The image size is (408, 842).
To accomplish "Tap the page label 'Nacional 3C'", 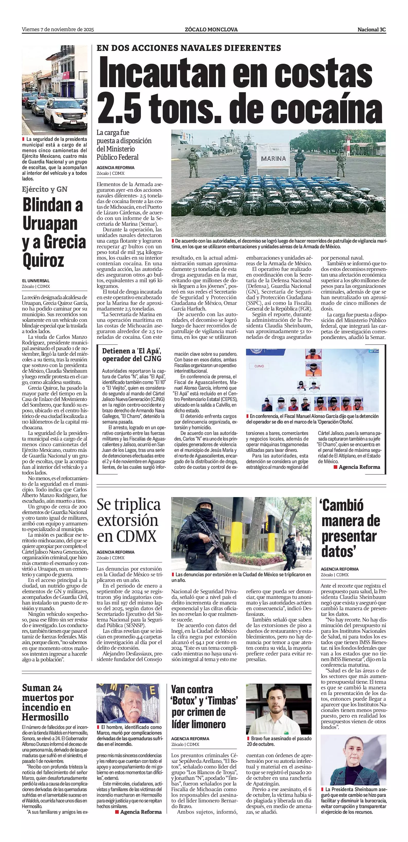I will click(371, 29).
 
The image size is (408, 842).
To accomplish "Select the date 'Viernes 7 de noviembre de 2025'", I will click(58, 29).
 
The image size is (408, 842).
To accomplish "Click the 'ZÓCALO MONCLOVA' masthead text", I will click(211, 29).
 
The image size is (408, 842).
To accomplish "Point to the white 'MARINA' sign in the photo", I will click(273, 158).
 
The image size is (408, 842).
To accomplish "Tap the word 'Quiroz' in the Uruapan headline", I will click(43, 260).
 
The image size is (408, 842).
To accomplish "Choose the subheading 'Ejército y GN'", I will click(44, 189).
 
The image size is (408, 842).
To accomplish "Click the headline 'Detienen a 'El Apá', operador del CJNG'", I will click(132, 355).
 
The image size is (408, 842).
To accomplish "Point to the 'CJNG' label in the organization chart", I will click(259, 366).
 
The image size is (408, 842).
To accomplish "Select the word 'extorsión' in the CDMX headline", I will click(128, 520).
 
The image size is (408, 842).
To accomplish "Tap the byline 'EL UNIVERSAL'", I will click(36, 281).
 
